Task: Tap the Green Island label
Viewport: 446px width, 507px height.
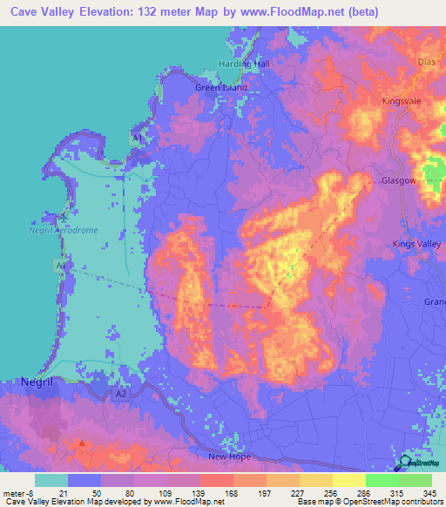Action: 221,88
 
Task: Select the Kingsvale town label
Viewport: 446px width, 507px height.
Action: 402,102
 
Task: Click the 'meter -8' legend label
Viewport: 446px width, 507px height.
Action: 18,493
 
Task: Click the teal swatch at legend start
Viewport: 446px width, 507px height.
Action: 51,480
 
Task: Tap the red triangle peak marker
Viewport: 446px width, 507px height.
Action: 82,443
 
